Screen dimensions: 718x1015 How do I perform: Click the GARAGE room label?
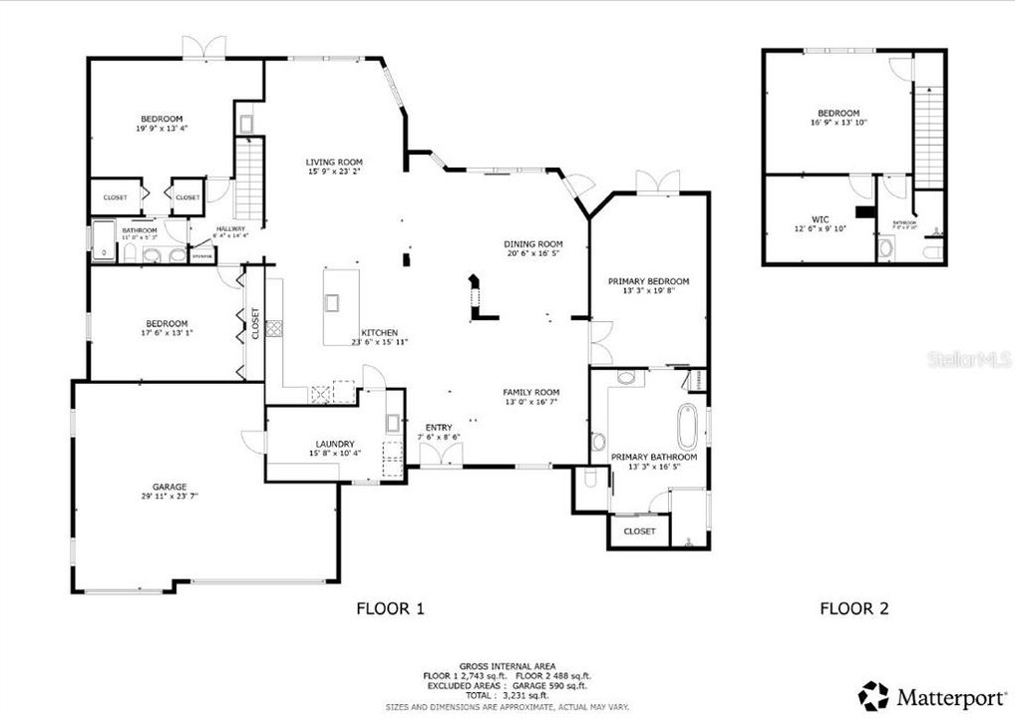(x=169, y=487)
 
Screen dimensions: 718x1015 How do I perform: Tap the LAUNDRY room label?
(x=334, y=445)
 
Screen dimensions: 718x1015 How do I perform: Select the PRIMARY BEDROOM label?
(x=649, y=281)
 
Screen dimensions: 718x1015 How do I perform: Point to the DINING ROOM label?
(x=533, y=243)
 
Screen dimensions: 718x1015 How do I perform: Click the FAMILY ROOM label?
(x=530, y=392)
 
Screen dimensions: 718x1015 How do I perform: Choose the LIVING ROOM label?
(x=334, y=162)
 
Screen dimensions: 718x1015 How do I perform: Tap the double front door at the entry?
(x=441, y=456)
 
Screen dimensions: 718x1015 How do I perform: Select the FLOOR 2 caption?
(x=853, y=608)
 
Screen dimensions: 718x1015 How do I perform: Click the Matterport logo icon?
(x=873, y=695)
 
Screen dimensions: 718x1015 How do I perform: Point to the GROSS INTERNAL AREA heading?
(x=507, y=665)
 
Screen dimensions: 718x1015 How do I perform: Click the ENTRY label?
(x=439, y=427)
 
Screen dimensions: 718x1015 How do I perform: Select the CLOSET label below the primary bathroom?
(x=639, y=532)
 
